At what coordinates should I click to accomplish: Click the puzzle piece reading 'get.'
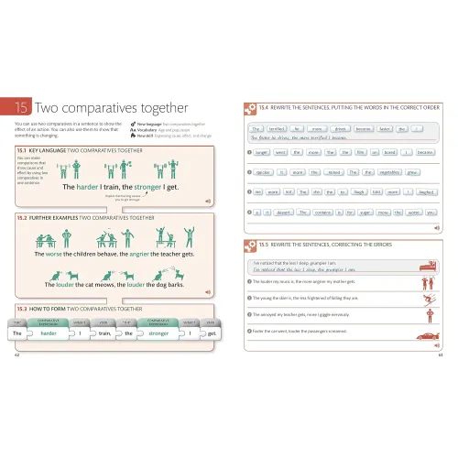pos(212,334)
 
